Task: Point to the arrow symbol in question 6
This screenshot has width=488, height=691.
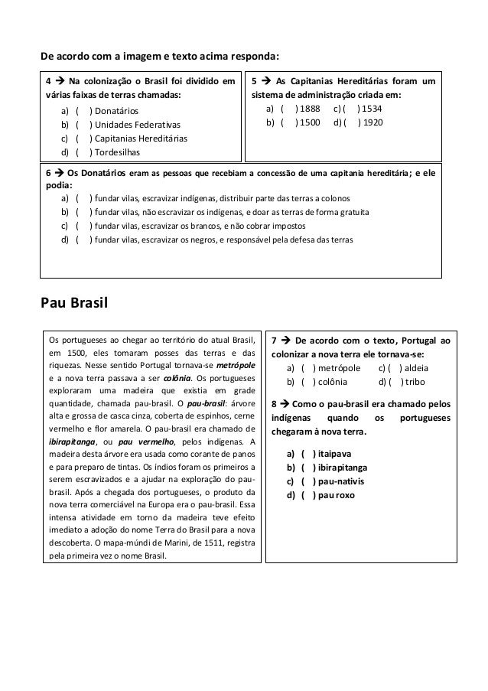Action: click(60, 173)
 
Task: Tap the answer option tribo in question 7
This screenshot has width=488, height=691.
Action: click(416, 382)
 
